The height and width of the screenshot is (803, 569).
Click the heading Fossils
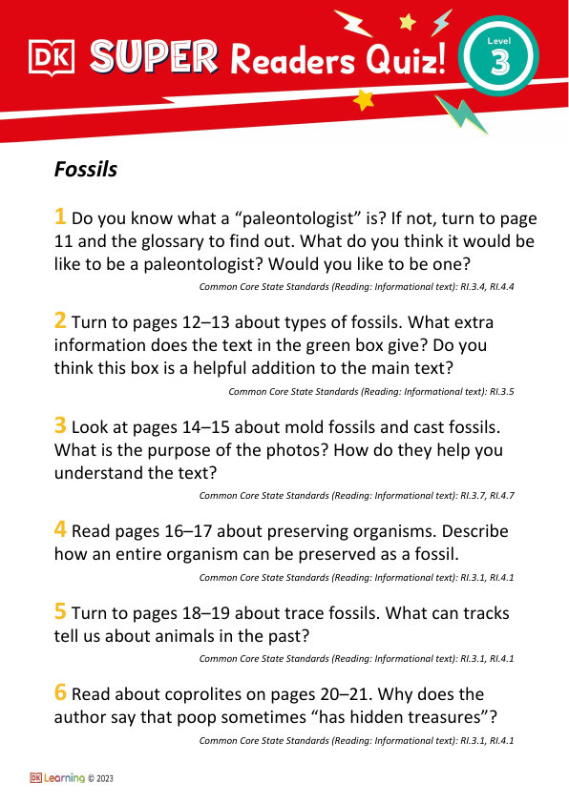[x=86, y=170]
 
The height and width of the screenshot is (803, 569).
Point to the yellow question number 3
[x=60, y=426]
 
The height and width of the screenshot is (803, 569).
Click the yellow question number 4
[x=60, y=531]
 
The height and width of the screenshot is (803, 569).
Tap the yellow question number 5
[x=60, y=611]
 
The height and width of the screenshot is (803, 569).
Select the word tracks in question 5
[x=483, y=612]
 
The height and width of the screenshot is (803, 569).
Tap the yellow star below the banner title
[x=364, y=100]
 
